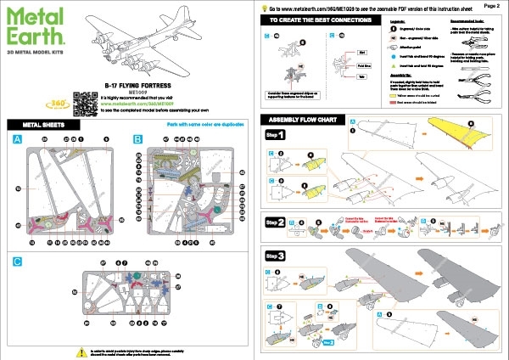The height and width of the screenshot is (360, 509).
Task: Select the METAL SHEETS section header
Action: coord(38,124)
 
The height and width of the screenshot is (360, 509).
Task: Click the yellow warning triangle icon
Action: coord(81,351)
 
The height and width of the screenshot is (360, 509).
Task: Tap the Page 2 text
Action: coord(490,5)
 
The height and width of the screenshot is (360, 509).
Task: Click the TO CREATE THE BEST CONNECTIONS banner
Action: coord(315,19)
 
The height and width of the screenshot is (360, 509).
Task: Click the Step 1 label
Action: coord(277,135)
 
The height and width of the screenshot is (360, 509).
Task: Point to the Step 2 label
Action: coord(277,222)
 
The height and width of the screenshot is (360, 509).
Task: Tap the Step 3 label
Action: coord(277,256)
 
